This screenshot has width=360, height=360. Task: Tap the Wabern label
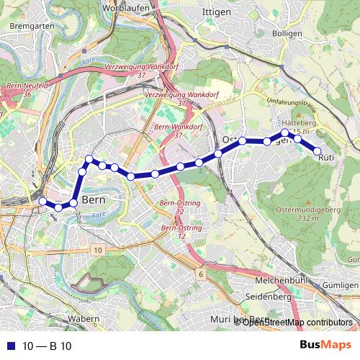(x=84, y=318)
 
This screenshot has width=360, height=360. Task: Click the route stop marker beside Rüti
(x=317, y=150)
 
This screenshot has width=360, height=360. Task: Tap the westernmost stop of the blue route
(x=42, y=201)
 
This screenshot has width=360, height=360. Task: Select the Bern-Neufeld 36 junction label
(x=27, y=89)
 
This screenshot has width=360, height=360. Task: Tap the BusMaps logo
(x=325, y=345)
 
